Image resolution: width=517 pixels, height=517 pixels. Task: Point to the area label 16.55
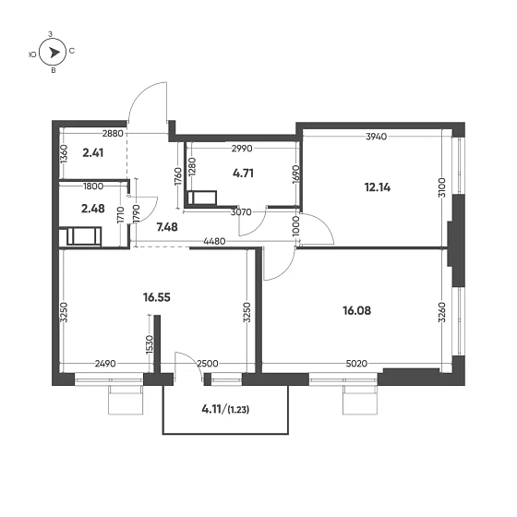158,298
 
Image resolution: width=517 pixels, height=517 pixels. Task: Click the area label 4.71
243,172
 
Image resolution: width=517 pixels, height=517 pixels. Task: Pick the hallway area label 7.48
166,226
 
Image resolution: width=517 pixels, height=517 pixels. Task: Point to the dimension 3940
376,137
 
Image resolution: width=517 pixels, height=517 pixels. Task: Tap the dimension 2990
242,148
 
